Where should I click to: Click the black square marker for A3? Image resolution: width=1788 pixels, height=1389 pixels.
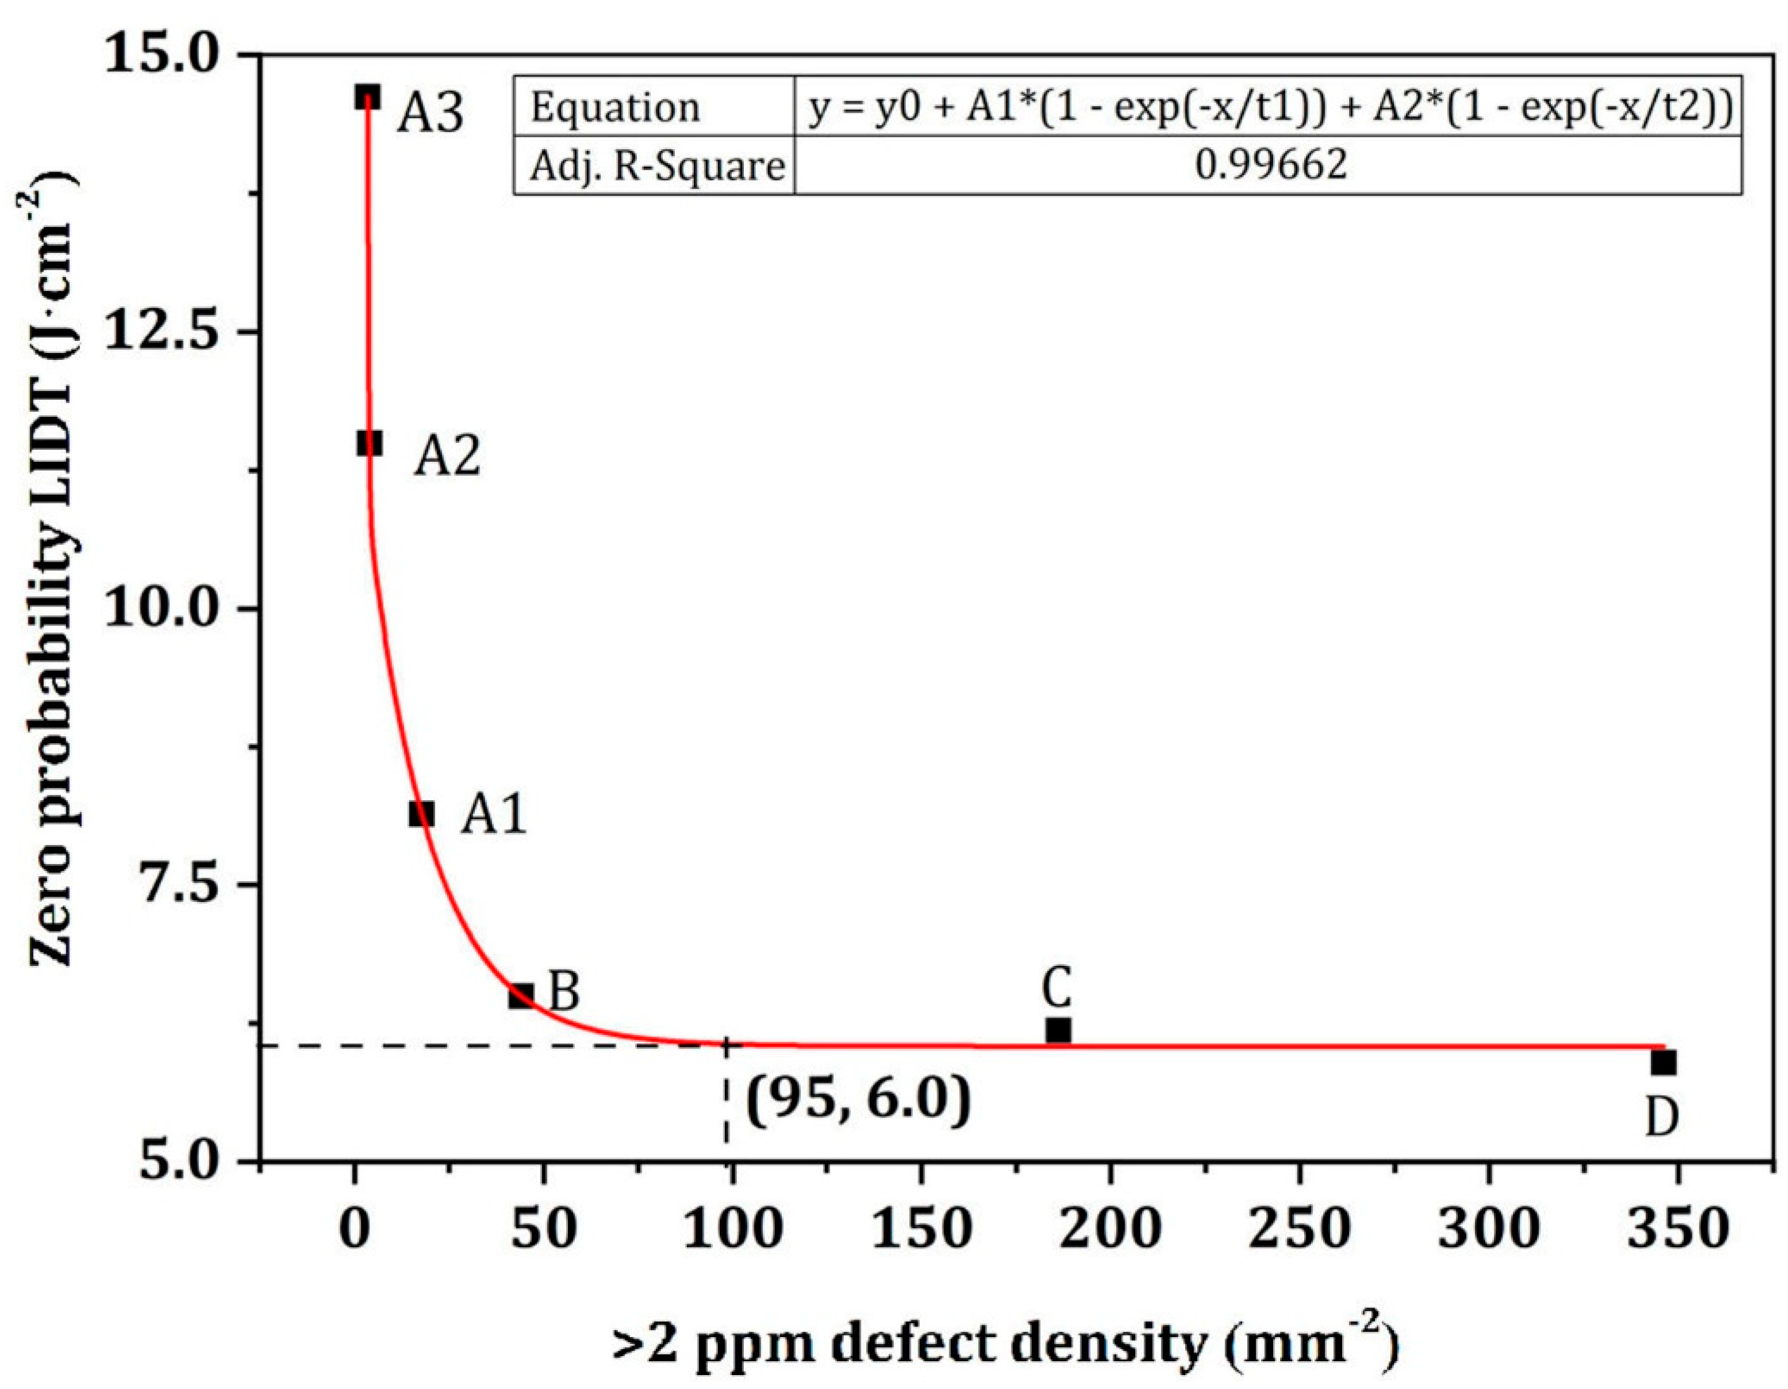tap(367, 97)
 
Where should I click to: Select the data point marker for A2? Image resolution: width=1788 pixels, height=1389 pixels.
tap(369, 443)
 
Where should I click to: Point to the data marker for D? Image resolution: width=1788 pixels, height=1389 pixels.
tap(1663, 1063)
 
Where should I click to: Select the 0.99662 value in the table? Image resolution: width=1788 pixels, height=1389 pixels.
tap(1270, 166)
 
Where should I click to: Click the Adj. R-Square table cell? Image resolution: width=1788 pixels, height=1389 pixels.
tap(656, 167)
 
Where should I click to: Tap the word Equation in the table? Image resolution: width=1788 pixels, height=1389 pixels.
tap(615, 108)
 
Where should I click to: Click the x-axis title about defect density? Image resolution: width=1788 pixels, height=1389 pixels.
tap(1006, 1345)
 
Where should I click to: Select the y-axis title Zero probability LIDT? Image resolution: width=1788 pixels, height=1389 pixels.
tap(53, 573)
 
